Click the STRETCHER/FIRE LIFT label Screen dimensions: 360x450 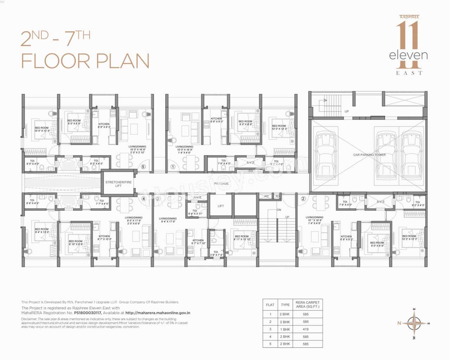[x=118, y=184]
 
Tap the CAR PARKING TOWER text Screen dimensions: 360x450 [x=369, y=155]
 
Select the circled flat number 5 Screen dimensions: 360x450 [x=143, y=167]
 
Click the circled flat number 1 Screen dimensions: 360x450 [x=173, y=167]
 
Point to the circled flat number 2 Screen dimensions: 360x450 [x=303, y=199]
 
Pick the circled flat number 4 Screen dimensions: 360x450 [x=143, y=199]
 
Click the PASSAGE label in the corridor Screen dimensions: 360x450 [x=221, y=184]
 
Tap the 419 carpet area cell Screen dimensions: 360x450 [x=306, y=329]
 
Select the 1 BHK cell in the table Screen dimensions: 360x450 [x=285, y=329]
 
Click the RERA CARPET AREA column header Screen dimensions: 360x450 [x=307, y=304]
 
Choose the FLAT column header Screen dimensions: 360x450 [x=270, y=305]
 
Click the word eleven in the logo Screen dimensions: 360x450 [x=408, y=55]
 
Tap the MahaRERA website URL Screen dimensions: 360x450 [x=158, y=312]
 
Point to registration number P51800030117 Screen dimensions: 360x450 [x=87, y=312]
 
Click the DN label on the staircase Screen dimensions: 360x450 [x=279, y=210]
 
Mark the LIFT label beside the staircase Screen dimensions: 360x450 [x=220, y=206]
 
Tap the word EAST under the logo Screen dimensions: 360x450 [x=409, y=73]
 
